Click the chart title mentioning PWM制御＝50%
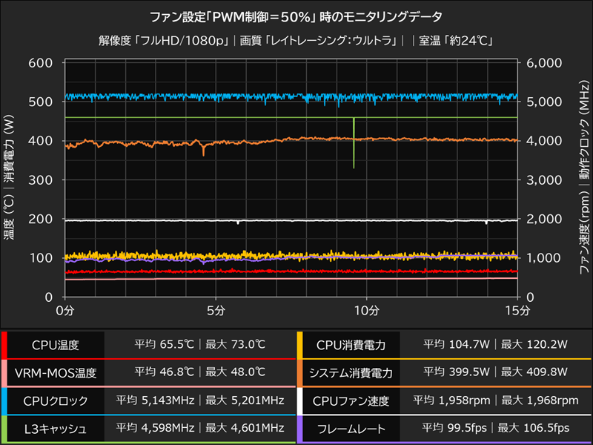[296, 16]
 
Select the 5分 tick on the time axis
[216, 309]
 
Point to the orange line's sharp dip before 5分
[203, 151]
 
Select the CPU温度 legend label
[55, 345]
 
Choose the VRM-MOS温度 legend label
[55, 372]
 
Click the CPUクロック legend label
[55, 400]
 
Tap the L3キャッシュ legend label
[55, 429]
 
